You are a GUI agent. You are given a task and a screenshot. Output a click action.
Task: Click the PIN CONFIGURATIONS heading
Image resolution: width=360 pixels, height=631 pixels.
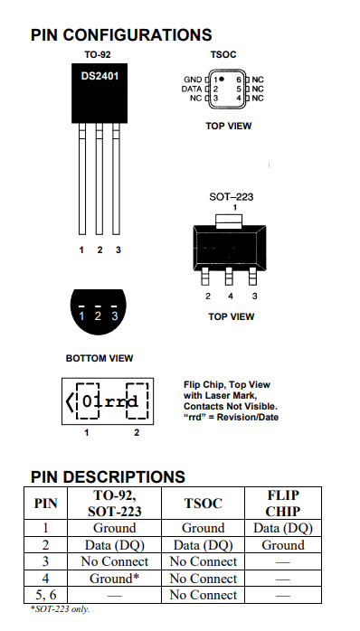[x=121, y=35]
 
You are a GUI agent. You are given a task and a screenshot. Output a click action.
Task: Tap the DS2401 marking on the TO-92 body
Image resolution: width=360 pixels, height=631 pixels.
[x=99, y=76]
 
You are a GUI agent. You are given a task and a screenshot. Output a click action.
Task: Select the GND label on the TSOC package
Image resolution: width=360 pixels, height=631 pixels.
[x=193, y=80]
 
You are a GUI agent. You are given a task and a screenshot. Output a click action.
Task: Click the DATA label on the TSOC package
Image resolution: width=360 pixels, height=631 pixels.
[x=192, y=89]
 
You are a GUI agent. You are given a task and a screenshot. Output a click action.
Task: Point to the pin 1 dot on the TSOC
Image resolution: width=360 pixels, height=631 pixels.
[x=222, y=79]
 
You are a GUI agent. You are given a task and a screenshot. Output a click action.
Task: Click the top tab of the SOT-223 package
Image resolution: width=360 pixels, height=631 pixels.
[x=229, y=221]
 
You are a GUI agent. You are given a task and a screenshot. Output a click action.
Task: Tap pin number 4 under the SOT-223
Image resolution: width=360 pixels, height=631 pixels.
[x=231, y=297]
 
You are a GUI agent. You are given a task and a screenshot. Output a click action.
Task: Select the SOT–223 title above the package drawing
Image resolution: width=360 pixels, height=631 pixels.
[x=232, y=197]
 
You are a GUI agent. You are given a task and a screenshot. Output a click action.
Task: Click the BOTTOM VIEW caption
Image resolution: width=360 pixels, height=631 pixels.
[x=99, y=358]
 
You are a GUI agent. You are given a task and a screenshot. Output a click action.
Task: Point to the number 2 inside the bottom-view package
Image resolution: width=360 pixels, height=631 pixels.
[x=98, y=316]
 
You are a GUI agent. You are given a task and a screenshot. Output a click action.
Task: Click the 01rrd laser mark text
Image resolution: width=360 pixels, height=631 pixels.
[x=110, y=401]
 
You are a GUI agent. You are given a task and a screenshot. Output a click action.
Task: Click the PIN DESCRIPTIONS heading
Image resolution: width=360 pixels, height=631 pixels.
[x=108, y=477]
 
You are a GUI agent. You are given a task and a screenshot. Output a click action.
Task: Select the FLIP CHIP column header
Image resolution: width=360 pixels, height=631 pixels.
[x=283, y=503]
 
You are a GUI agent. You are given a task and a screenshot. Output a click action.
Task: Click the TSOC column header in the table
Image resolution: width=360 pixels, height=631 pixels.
[x=203, y=504]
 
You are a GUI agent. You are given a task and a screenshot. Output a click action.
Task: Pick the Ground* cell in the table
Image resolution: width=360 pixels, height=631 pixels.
[x=114, y=579]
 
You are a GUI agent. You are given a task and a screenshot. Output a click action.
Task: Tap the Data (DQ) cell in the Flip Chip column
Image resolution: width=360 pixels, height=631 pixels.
[x=283, y=528]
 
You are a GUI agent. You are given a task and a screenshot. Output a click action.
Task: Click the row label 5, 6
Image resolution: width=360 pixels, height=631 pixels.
[x=45, y=595]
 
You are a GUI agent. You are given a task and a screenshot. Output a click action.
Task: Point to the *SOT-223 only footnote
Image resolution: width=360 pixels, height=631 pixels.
[x=60, y=609]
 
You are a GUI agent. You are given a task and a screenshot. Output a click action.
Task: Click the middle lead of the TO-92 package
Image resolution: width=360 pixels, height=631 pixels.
[x=99, y=179]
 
